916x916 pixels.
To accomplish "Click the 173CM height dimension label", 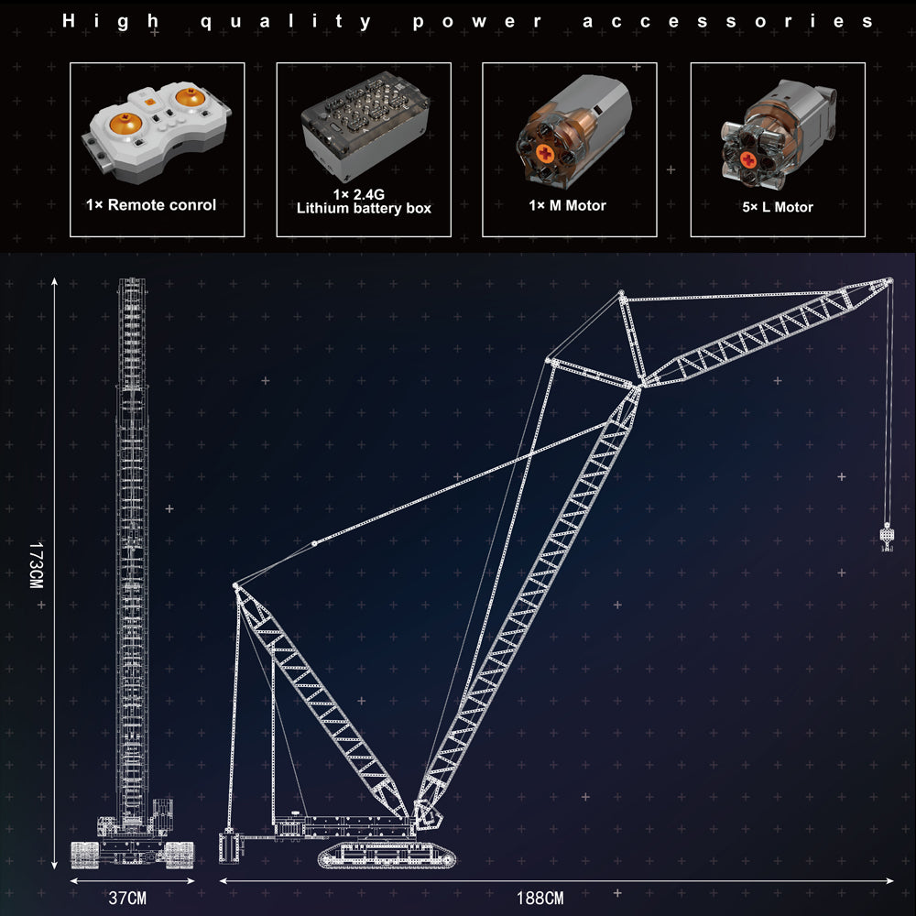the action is pyautogui.click(x=37, y=565).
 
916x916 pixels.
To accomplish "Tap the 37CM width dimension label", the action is pyautogui.click(x=127, y=898).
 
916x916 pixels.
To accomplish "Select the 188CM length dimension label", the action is pyautogui.click(x=540, y=898).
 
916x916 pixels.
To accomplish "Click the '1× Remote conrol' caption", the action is pyautogui.click(x=151, y=205).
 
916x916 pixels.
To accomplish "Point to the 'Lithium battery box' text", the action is pyautogui.click(x=364, y=209).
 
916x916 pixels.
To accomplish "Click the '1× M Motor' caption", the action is pyautogui.click(x=567, y=205).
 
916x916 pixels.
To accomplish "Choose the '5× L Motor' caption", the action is pyautogui.click(x=778, y=207).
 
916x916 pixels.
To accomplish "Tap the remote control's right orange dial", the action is pyautogui.click(x=191, y=96).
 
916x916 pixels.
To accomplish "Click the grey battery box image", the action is pyautogui.click(x=365, y=125).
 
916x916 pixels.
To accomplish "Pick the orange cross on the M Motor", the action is pyautogui.click(x=544, y=154).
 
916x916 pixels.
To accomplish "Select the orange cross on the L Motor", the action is pyautogui.click(x=748, y=159).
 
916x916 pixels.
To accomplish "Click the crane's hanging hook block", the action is pyautogui.click(x=887, y=537).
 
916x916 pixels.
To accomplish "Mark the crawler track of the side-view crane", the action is pyautogui.click(x=387, y=856).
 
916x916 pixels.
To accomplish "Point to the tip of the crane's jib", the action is pyautogui.click(x=889, y=281).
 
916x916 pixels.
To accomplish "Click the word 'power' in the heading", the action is pyautogui.click(x=476, y=22).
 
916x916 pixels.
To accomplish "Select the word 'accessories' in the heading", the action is pyautogui.click(x=728, y=22).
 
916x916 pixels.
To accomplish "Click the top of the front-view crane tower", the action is pyautogui.click(x=131, y=280).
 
